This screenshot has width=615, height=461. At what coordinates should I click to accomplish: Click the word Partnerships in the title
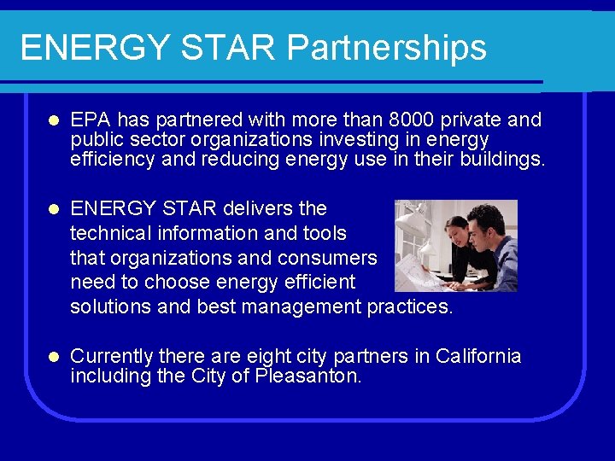pyautogui.click(x=387, y=48)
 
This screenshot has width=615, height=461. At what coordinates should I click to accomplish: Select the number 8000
pyautogui.click(x=411, y=120)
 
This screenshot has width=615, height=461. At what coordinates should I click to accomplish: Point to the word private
pyautogui.click(x=473, y=120)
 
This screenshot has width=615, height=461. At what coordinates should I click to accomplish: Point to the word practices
pyautogui.click(x=409, y=307)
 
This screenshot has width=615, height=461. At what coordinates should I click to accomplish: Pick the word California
pyautogui.click(x=478, y=356)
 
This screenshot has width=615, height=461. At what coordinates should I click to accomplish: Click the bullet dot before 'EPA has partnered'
pyautogui.click(x=52, y=120)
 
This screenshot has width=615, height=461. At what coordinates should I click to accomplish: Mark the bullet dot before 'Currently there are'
pyautogui.click(x=52, y=357)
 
